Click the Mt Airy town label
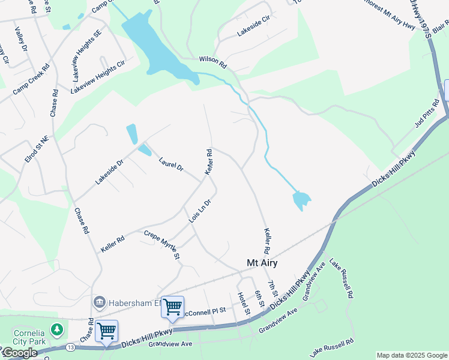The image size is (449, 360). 262,263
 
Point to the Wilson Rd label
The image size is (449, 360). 212,61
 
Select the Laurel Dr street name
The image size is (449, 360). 171,164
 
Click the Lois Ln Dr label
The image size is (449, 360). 200,212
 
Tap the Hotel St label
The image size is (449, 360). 243,304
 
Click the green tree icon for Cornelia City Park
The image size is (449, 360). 57,329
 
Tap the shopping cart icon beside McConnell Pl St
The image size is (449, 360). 172,307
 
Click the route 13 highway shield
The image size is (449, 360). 71,347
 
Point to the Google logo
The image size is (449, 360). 20,353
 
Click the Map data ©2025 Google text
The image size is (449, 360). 412,355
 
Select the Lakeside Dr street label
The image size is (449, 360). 109,171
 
